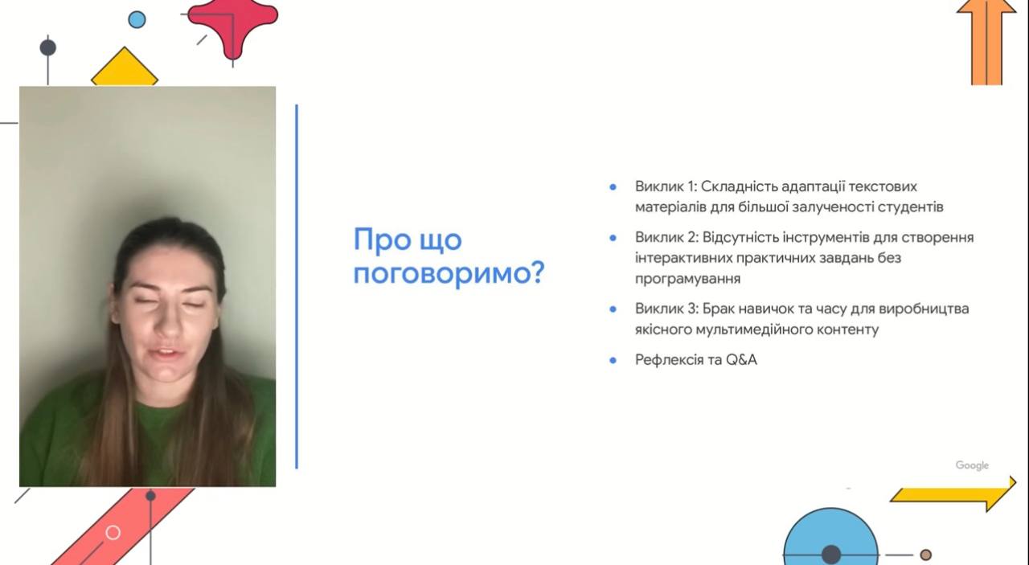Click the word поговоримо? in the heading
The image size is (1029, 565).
(449, 274)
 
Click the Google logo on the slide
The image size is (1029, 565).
(972, 465)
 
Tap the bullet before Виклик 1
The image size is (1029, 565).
(613, 187)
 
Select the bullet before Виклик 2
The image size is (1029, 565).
(613, 238)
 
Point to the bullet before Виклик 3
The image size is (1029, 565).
(613, 309)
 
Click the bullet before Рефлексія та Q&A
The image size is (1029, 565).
(613, 361)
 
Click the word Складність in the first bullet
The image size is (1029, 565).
(739, 187)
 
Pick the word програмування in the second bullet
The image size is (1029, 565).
(687, 279)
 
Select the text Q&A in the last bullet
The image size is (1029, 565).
(741, 360)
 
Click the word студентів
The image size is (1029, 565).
(911, 207)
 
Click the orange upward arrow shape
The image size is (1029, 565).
(986, 43)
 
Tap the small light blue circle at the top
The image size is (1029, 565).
(137, 20)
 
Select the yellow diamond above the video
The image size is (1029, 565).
(125, 68)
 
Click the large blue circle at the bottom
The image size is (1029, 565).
(830, 538)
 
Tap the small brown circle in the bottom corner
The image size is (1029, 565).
(925, 555)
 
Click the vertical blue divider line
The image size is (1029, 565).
(297, 287)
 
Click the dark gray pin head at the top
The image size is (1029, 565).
(47, 47)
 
